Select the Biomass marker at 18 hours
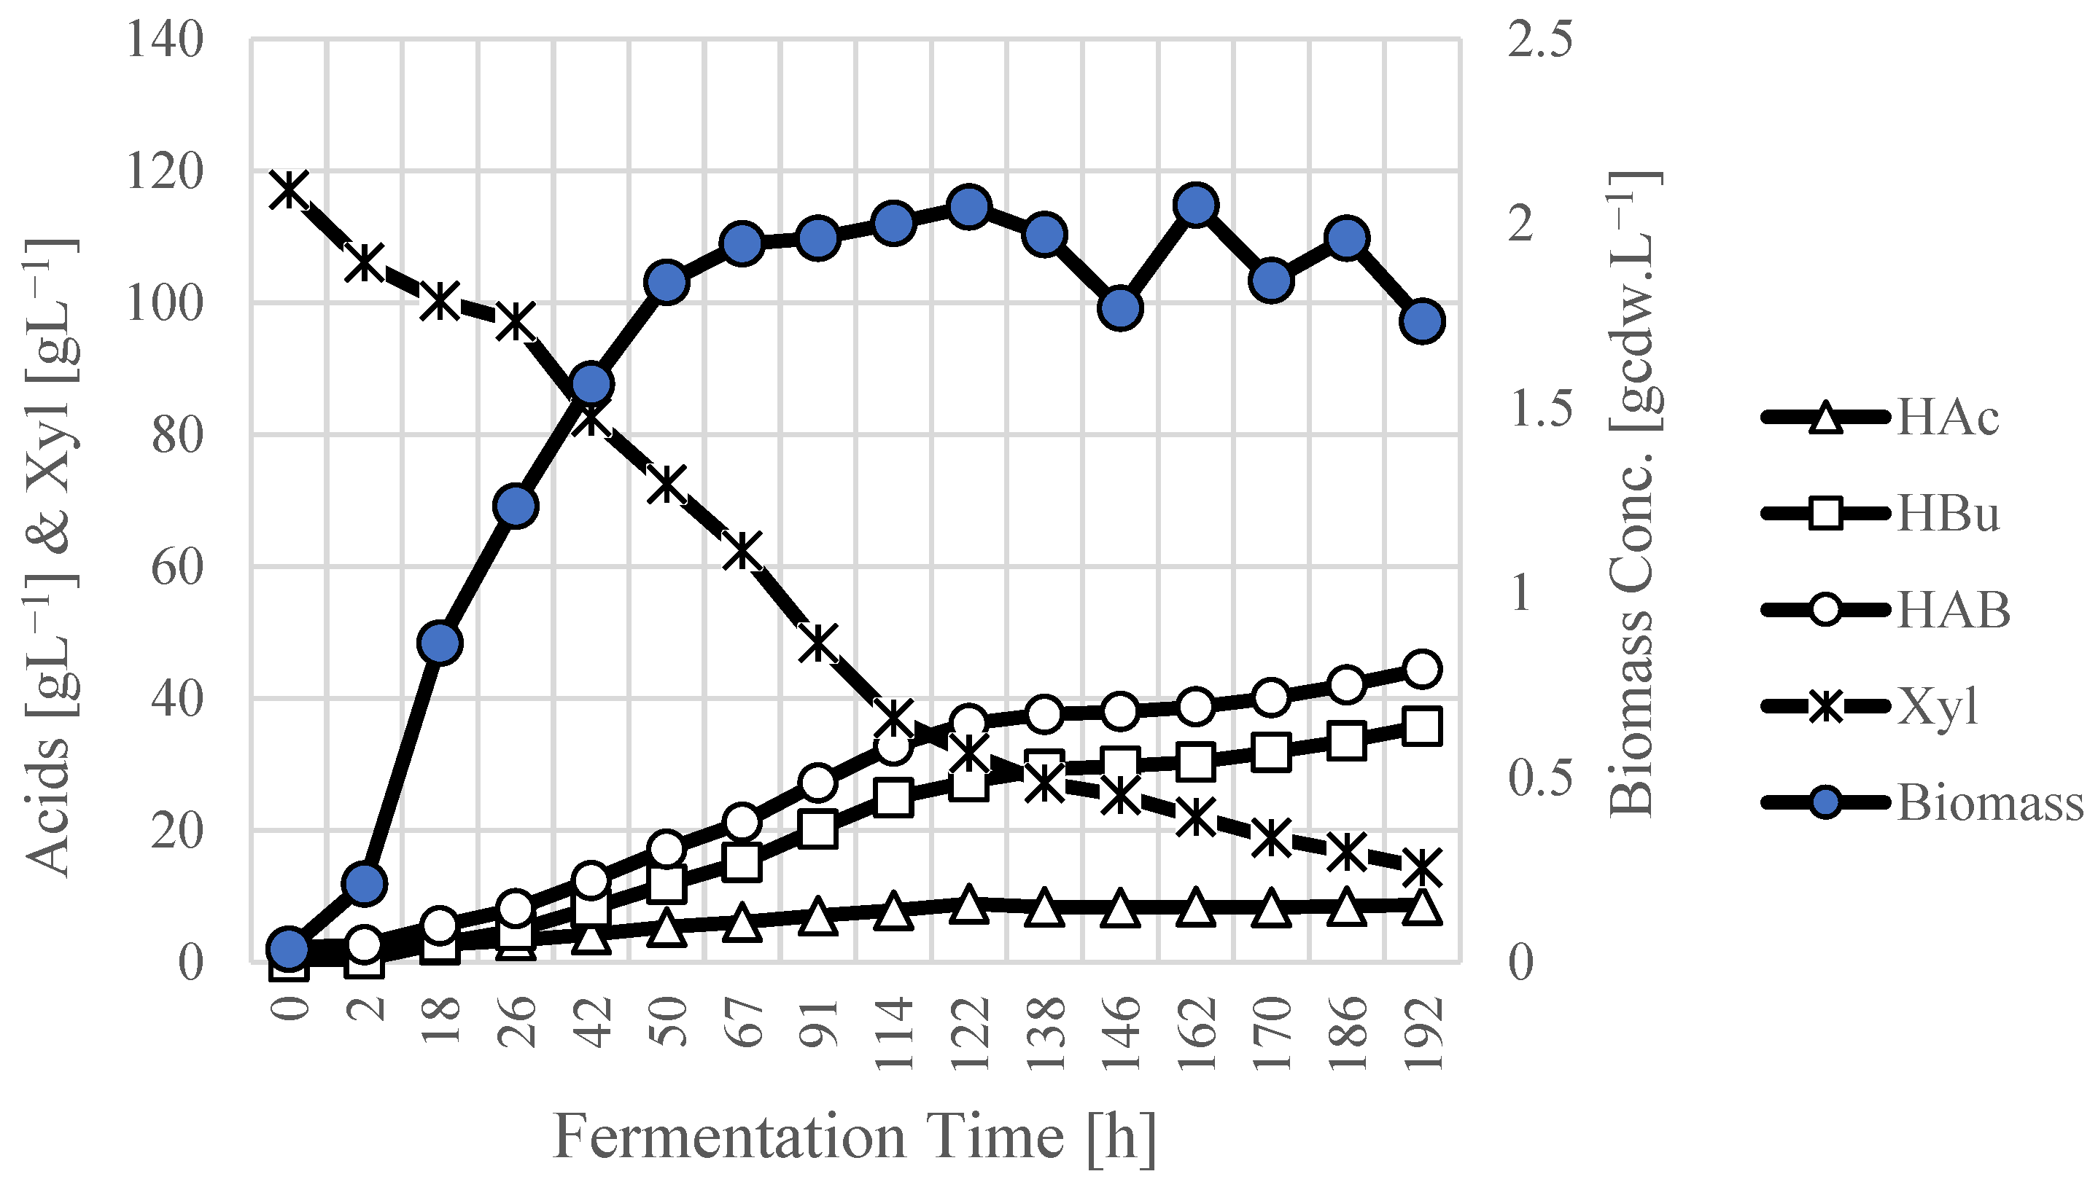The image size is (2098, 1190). (440, 643)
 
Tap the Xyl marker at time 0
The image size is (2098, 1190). (289, 189)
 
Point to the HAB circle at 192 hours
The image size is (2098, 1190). (1422, 668)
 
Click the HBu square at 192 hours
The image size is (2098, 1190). (1422, 726)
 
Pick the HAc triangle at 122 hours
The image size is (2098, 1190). (969, 904)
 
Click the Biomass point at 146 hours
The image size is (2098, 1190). (1120, 308)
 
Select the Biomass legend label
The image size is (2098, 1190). (1990, 802)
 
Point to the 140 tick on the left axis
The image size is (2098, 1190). (164, 39)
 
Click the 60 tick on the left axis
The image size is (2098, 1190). (176, 566)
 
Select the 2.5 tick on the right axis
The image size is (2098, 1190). (1539, 39)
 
